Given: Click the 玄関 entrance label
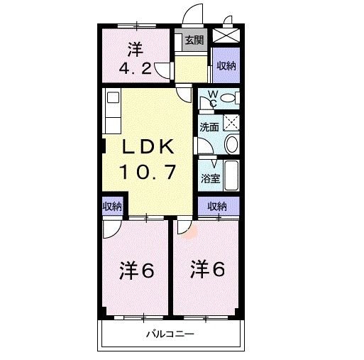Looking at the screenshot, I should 193,40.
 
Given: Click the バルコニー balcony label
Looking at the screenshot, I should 170,334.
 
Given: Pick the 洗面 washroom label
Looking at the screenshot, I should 209,128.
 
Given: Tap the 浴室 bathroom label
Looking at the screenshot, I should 209,178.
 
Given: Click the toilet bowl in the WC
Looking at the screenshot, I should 228,98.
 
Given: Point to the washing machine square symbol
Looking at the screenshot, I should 231,121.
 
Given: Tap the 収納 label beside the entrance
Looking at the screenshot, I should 226,65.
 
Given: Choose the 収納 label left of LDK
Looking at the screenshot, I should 111,206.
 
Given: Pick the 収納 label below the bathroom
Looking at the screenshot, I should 217,206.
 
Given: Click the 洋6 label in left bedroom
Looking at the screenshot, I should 136,271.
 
